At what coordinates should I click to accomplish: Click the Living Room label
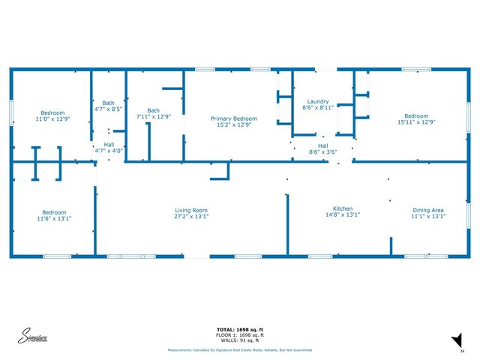(x=191, y=210)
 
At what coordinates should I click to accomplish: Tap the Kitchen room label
(x=343, y=208)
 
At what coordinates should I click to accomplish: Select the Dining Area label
(x=428, y=210)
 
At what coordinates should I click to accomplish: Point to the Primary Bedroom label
(x=233, y=118)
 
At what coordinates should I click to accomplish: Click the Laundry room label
(x=319, y=101)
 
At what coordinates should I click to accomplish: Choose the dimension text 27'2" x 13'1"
(x=191, y=217)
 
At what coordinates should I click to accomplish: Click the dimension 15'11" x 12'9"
(x=416, y=122)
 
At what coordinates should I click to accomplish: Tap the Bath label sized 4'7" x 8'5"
(x=109, y=103)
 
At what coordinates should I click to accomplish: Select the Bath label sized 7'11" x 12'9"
(x=154, y=110)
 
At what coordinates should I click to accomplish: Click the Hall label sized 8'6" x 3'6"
(x=323, y=145)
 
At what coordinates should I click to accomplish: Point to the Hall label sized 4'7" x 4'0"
(x=109, y=144)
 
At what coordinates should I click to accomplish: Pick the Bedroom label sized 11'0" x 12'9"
(x=52, y=112)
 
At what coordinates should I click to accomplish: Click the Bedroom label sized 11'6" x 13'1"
(x=54, y=212)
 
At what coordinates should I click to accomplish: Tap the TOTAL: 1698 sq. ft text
(x=240, y=329)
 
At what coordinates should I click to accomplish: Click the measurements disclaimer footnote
(x=240, y=350)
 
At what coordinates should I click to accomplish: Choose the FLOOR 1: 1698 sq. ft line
(x=240, y=334)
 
